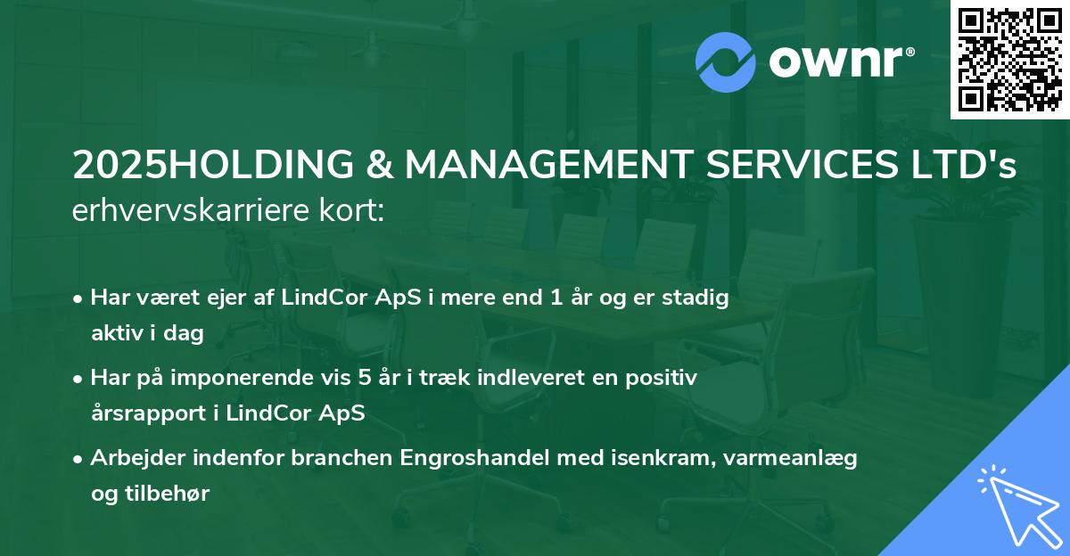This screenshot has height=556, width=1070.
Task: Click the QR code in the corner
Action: pos(1010,59)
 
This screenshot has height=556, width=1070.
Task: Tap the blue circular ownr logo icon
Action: pos(726,61)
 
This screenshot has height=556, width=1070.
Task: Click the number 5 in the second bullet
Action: pos(364,378)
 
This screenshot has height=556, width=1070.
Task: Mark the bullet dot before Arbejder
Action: pos(80,459)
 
